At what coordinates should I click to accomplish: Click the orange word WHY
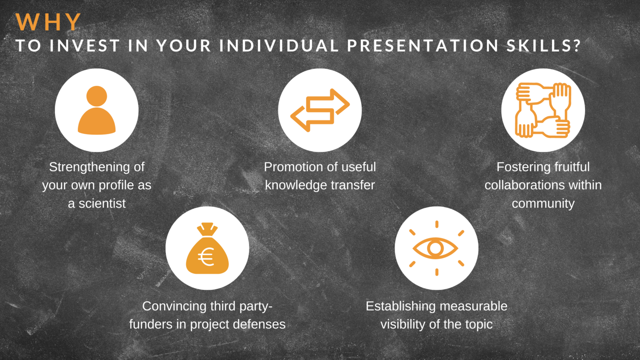[x=48, y=22]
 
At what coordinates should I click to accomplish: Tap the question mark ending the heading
[x=577, y=46]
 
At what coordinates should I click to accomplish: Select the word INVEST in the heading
[x=85, y=46]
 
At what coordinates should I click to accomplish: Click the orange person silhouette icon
[x=97, y=110]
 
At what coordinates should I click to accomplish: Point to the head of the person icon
[x=97, y=96]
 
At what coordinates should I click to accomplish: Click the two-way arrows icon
[x=320, y=110]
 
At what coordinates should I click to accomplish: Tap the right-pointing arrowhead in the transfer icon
[x=342, y=102]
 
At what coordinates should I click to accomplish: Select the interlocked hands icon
[x=543, y=110]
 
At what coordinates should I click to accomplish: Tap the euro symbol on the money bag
[x=206, y=257]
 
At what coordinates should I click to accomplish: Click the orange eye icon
[x=436, y=248]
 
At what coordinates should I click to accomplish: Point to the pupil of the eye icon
[x=435, y=248]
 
